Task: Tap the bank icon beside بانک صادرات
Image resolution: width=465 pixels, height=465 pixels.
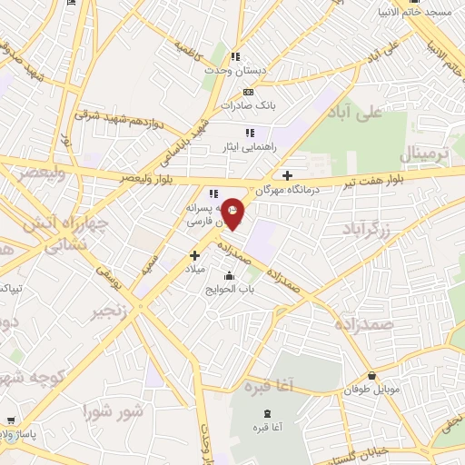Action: [249, 92]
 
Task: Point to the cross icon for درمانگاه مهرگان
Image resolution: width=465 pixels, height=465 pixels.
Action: [288, 175]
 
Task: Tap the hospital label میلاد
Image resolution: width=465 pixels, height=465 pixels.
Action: [195, 270]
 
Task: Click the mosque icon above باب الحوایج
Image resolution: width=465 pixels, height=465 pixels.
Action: [228, 276]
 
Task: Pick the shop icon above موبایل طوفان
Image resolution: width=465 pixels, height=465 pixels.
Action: [371, 376]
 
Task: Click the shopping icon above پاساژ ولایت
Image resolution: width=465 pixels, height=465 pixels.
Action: [10, 420]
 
